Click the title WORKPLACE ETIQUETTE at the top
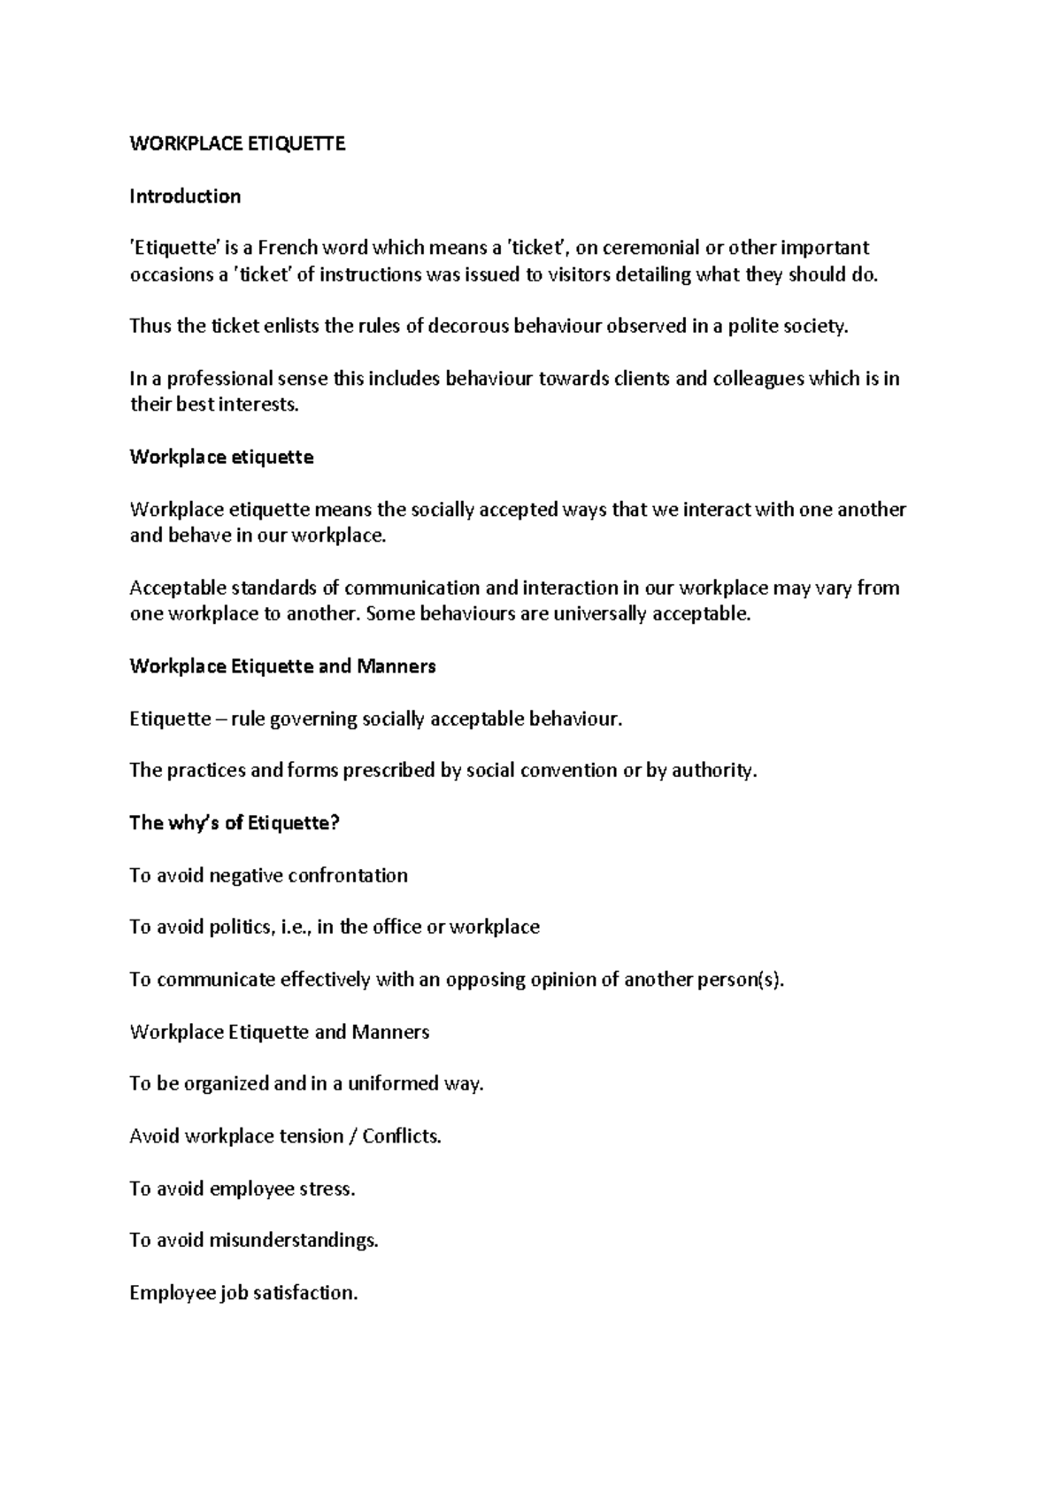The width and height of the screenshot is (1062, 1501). (237, 143)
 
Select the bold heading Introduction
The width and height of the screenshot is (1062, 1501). (185, 196)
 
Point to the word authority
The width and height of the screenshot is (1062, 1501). (714, 770)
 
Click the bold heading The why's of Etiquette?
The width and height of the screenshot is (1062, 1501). (235, 822)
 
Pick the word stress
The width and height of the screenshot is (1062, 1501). (327, 1188)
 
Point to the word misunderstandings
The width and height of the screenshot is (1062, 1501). (293, 1240)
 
